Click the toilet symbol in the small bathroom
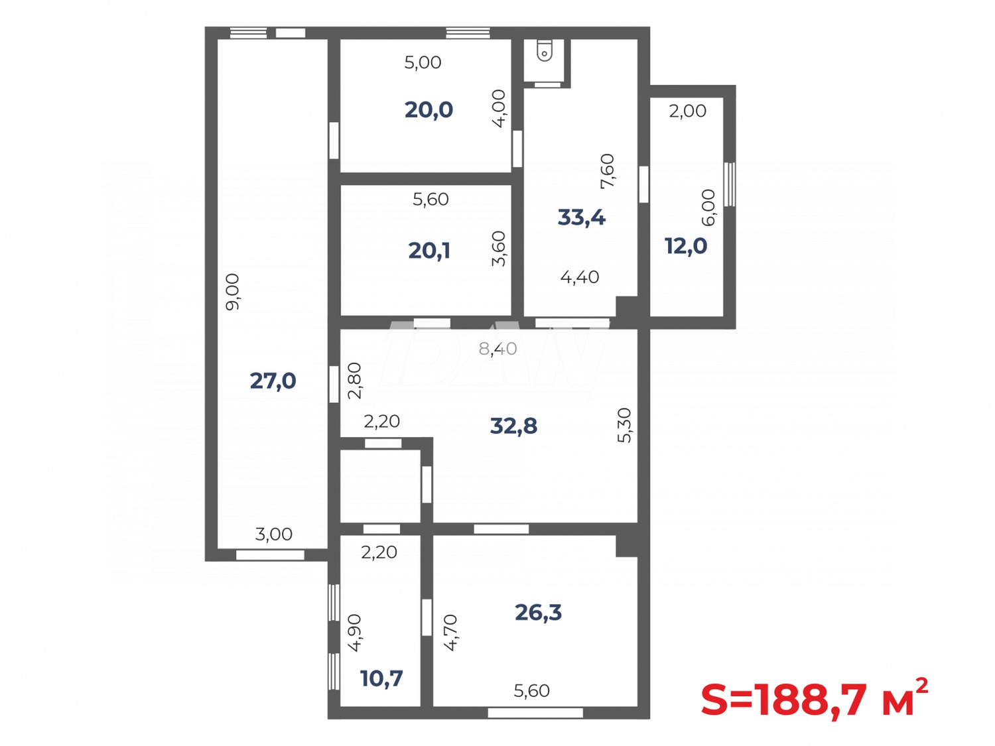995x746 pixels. tap(545, 50)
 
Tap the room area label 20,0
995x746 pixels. tap(429, 109)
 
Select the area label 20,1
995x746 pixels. tap(429, 251)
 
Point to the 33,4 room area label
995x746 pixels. tap(581, 217)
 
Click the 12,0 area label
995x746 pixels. tap(686, 246)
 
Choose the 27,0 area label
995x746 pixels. tap(273, 381)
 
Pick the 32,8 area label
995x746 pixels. tap(513, 426)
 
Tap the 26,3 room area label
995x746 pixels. tap(538, 612)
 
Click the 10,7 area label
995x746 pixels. tap(381, 678)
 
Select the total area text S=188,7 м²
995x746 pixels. tap(814, 699)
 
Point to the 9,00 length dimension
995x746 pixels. tap(233, 292)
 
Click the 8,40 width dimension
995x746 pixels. tap(497, 349)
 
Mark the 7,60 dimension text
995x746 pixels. tap(607, 171)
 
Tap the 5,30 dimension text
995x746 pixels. tap(624, 425)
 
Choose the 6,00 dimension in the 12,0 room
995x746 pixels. tap(708, 208)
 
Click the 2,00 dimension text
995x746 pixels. tap(687, 111)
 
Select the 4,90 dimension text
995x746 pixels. tap(354, 633)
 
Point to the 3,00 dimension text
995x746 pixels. tap(273, 534)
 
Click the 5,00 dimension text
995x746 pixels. tap(423, 62)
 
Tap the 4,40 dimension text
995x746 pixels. tap(580, 277)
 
